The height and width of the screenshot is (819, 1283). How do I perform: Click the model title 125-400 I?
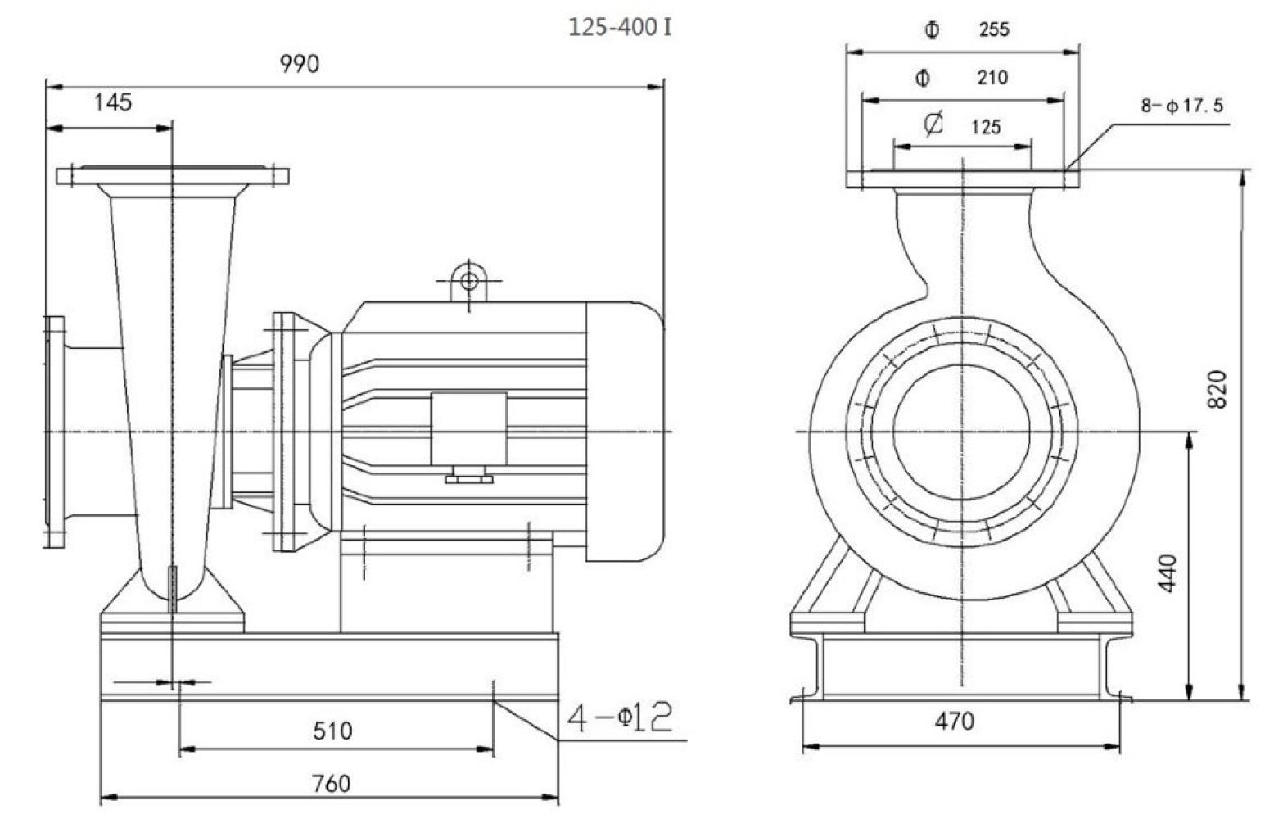(620, 28)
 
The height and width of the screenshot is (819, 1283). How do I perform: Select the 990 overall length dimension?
(300, 64)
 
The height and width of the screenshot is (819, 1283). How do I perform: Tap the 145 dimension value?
(113, 103)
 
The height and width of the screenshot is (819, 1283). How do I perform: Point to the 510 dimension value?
(332, 731)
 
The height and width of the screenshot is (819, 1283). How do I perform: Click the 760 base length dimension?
(331, 784)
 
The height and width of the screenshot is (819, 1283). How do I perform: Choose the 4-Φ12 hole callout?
(620, 718)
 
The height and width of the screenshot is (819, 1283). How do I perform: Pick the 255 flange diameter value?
(994, 30)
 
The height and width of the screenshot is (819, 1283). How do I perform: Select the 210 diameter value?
(992, 79)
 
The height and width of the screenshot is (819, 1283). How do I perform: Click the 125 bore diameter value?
(986, 128)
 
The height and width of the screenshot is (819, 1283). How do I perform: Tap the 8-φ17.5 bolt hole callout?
(1183, 106)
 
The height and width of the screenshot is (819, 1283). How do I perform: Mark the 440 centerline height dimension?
(1168, 573)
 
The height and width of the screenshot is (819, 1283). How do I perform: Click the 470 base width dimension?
(955, 722)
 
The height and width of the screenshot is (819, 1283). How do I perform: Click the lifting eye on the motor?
(469, 281)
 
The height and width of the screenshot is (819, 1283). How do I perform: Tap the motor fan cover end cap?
(626, 432)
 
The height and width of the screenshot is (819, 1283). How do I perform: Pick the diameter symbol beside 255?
(932, 30)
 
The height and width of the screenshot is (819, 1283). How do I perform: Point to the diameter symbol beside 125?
(933, 124)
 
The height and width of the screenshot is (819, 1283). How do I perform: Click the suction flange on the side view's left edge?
(54, 432)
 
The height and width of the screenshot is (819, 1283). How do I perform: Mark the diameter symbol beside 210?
(923, 79)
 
